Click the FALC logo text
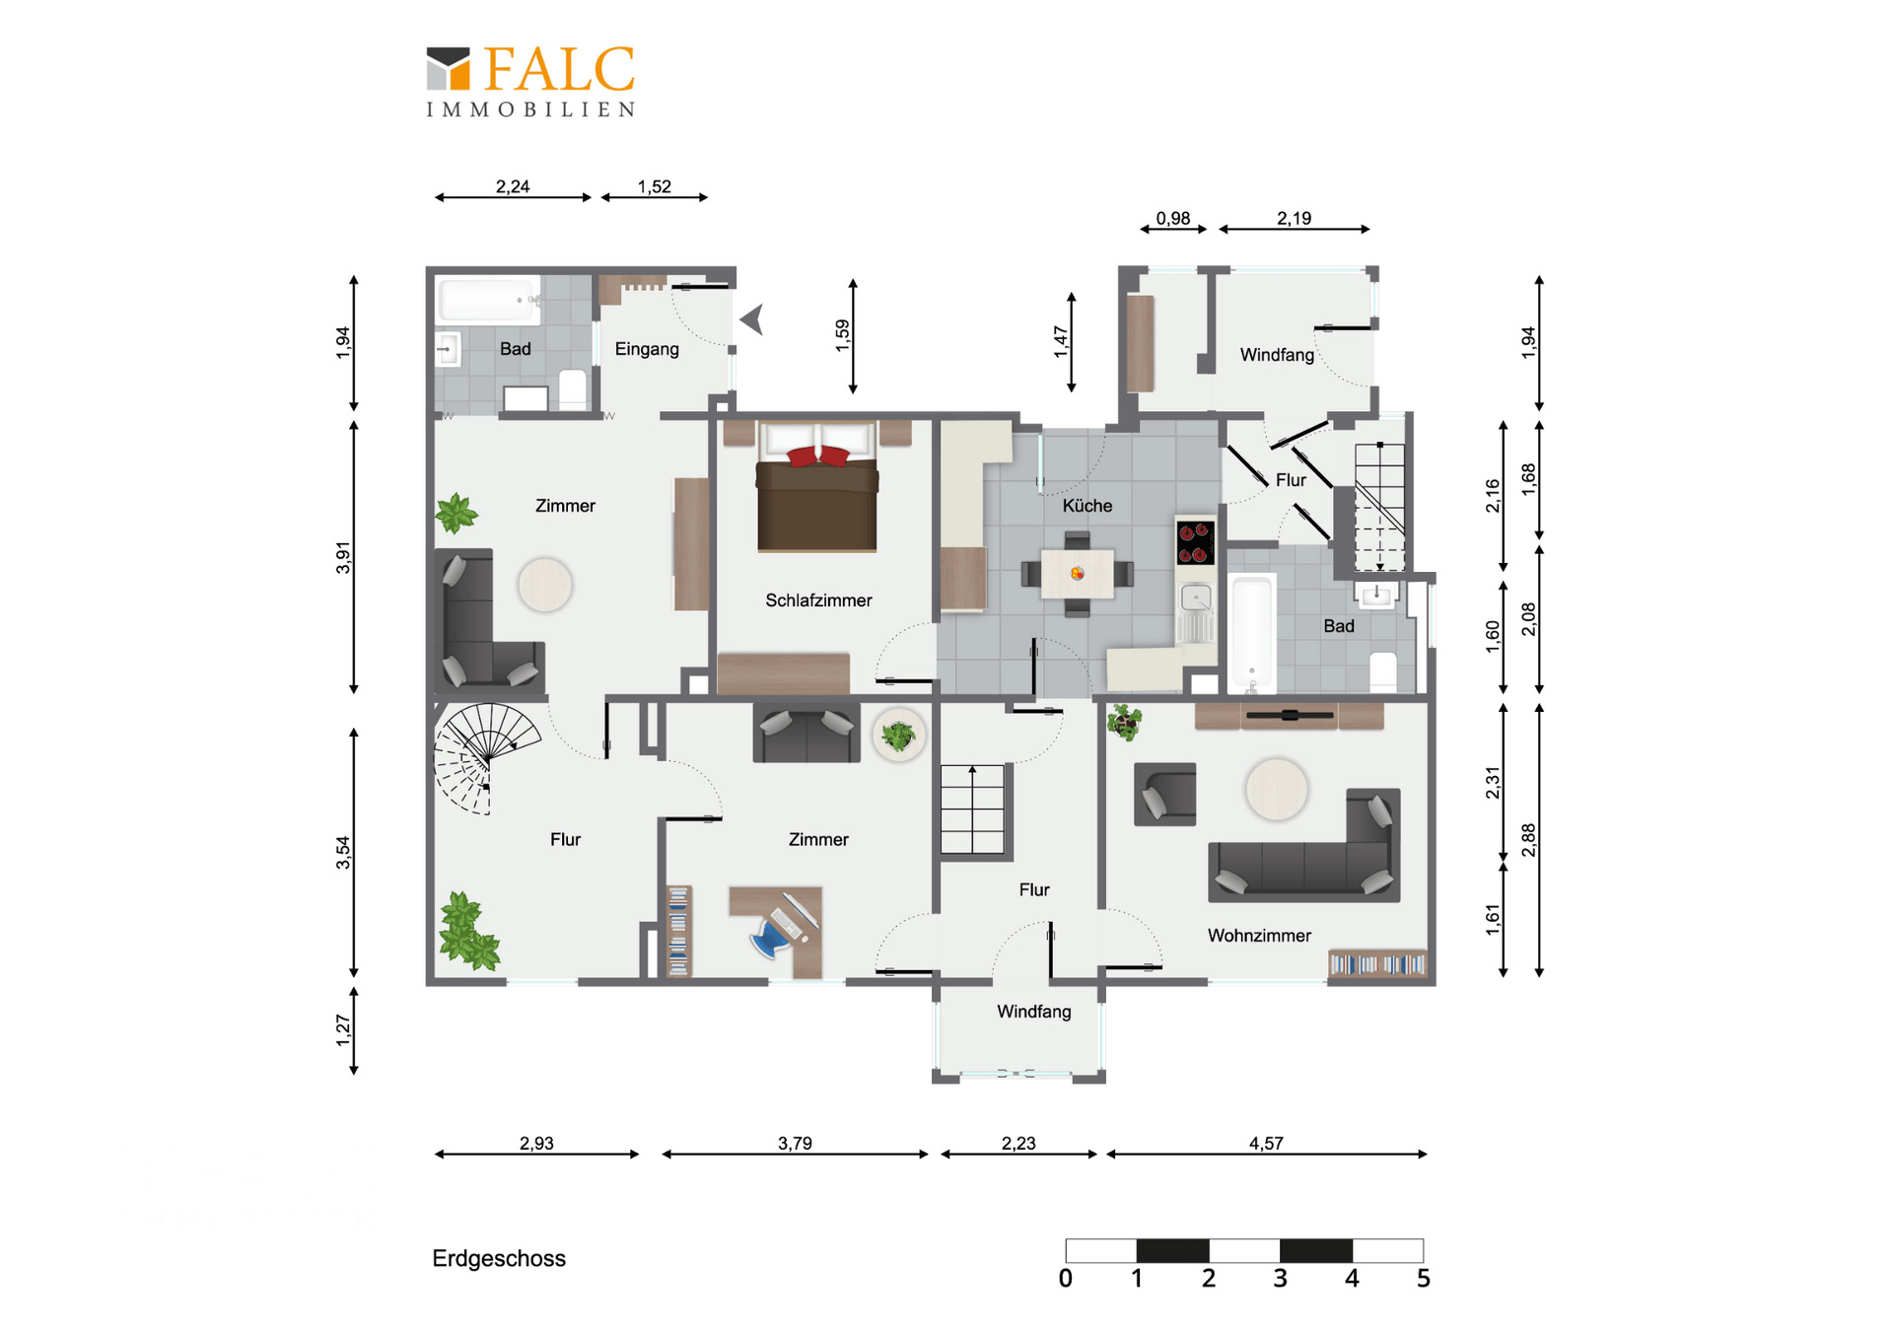point(559,70)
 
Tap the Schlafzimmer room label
point(818,600)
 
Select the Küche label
point(1087,506)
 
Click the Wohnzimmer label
point(1259,936)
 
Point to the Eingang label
point(647,349)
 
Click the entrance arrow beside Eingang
point(753,319)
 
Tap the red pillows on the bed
point(818,456)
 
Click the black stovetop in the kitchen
point(1195,543)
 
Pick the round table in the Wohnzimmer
point(1277,789)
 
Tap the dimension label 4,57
point(1266,1144)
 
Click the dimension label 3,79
point(795,1144)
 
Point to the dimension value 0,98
point(1173,219)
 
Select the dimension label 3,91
point(343,558)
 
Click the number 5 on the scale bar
point(1423,1279)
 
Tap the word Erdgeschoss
point(499,1259)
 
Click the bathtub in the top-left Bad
point(488,300)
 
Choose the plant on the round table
point(898,735)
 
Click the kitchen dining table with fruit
point(1078,573)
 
